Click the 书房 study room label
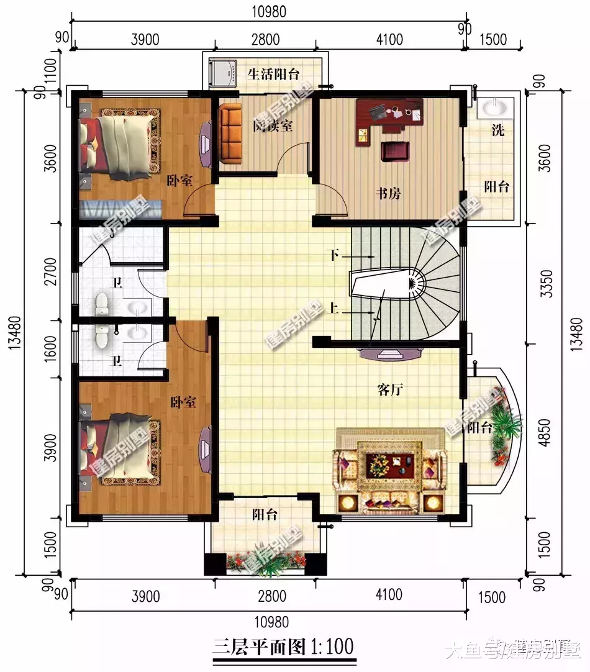point(388,194)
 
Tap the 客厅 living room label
point(391,390)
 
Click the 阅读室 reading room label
point(273,125)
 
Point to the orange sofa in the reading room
point(230,132)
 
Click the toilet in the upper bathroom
point(102,305)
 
